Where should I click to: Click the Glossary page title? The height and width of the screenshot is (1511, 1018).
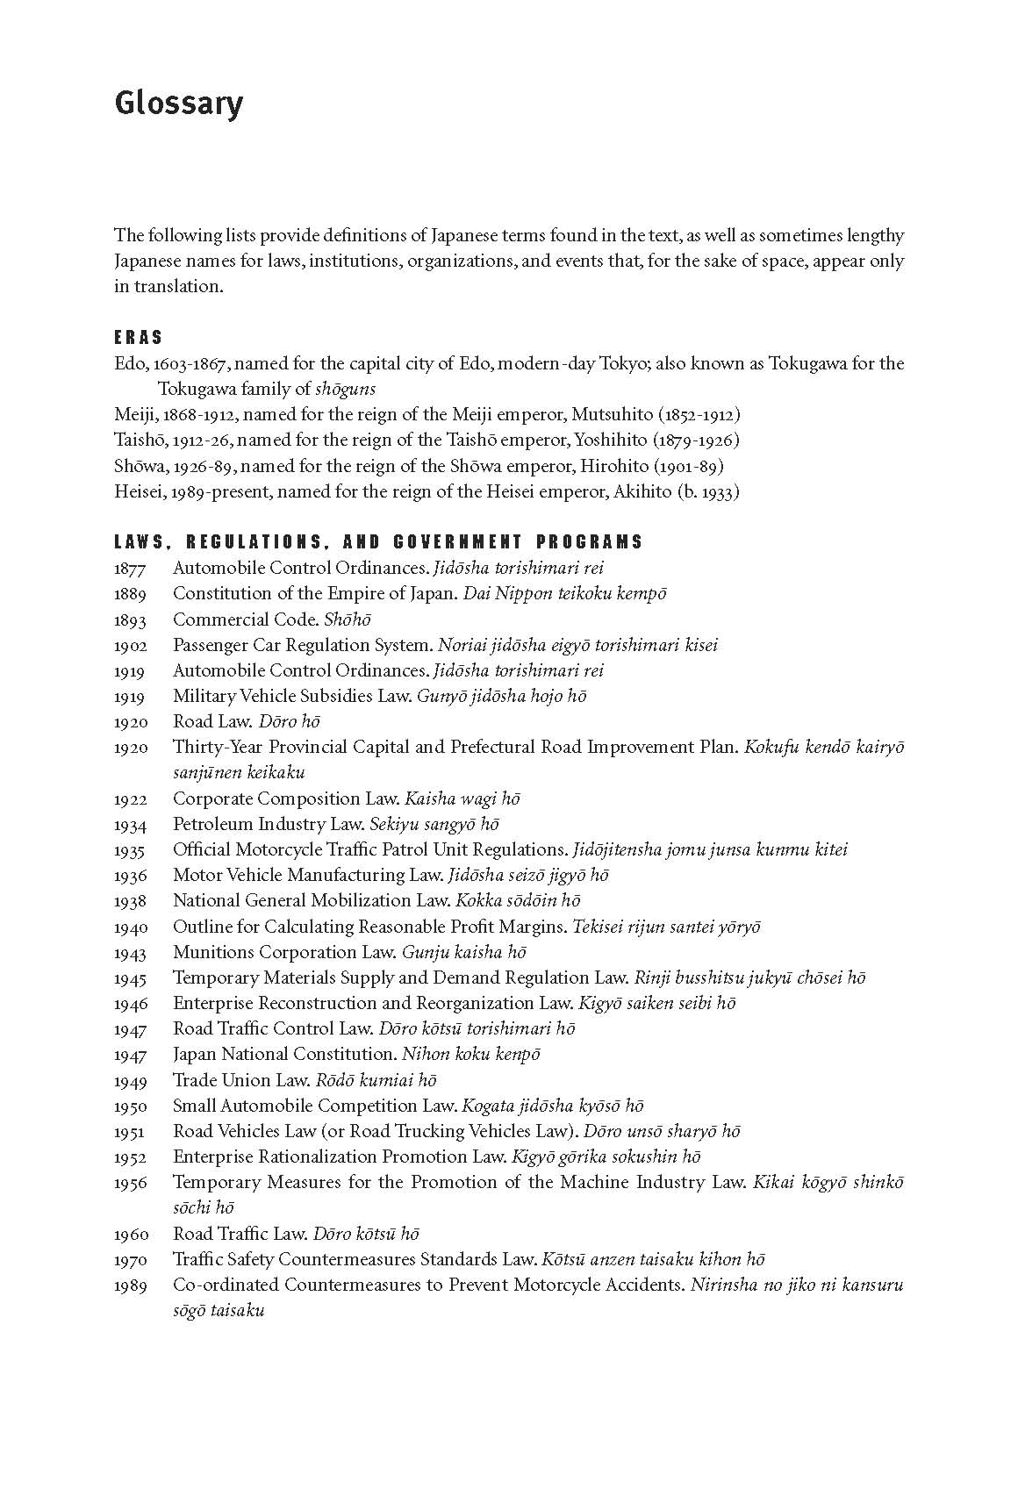(x=178, y=104)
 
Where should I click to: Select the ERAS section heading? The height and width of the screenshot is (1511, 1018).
(x=139, y=338)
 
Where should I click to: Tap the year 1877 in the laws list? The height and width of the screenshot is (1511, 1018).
(x=131, y=569)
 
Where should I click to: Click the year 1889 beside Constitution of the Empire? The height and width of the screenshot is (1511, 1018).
(x=131, y=594)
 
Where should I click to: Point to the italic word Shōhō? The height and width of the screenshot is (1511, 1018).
(x=348, y=619)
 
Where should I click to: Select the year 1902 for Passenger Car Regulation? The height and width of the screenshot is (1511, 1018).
(x=131, y=646)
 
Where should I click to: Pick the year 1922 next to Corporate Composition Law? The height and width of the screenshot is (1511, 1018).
(x=131, y=799)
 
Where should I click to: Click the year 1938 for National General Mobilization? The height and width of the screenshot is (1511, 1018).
(x=131, y=901)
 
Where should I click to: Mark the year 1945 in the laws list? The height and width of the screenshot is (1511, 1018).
(x=131, y=978)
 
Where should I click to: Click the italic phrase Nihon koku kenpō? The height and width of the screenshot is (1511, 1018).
(x=471, y=1055)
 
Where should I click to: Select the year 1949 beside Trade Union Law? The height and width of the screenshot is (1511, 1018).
(x=131, y=1081)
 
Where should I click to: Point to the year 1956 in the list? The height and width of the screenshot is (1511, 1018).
(x=131, y=1184)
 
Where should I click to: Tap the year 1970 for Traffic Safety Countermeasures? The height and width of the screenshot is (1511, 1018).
(x=131, y=1261)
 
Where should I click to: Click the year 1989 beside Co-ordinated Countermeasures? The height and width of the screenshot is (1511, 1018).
(x=131, y=1286)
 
